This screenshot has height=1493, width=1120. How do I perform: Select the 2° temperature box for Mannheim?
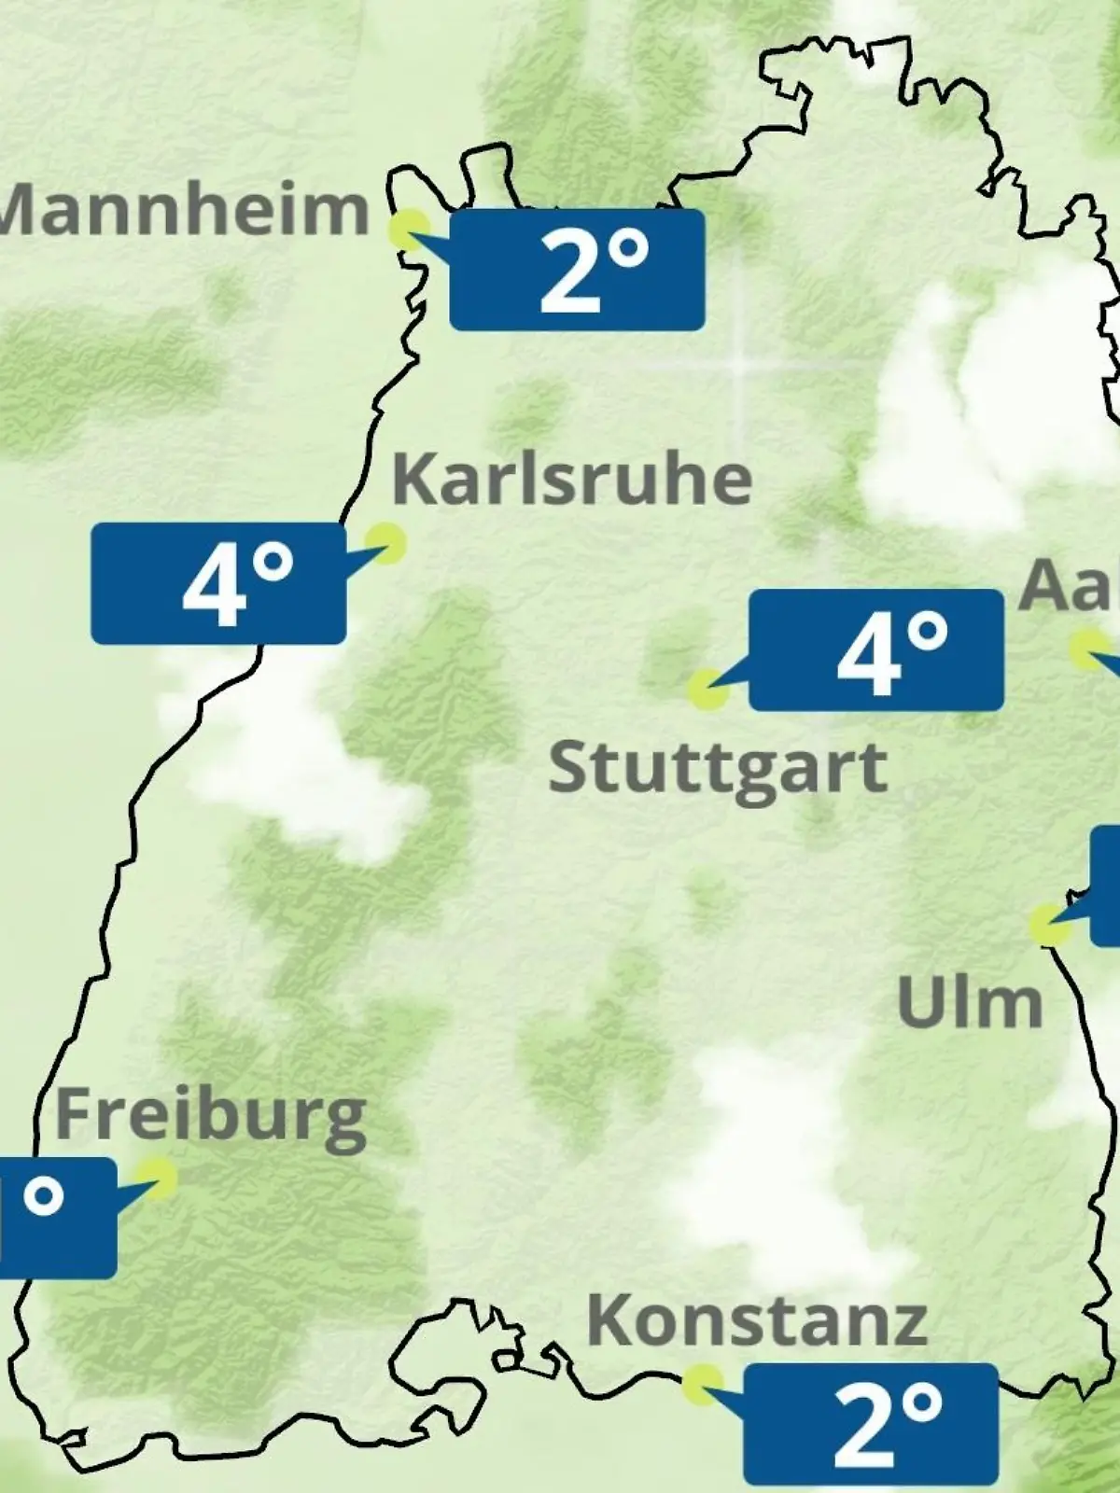pyautogui.click(x=577, y=270)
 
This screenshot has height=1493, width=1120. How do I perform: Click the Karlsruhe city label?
pyautogui.click(x=571, y=479)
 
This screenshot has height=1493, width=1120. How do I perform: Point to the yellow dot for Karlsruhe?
pyautogui.click(x=385, y=541)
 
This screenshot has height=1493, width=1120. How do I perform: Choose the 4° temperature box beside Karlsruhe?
pyautogui.click(x=218, y=584)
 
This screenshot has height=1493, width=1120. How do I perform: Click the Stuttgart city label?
pyautogui.click(x=717, y=769)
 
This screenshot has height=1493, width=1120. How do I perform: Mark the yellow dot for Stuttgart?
pyautogui.click(x=707, y=689)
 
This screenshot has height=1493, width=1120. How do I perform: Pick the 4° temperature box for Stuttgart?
pyautogui.click(x=876, y=650)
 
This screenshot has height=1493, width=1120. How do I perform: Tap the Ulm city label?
pyautogui.click(x=969, y=1003)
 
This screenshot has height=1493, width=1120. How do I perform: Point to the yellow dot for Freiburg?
pyautogui.click(x=156, y=1178)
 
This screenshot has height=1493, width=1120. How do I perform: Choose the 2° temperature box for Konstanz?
pyautogui.click(x=871, y=1424)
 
